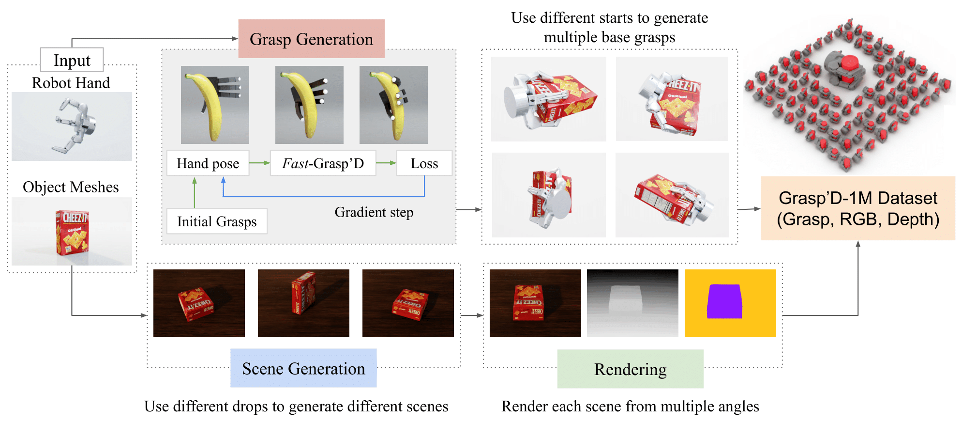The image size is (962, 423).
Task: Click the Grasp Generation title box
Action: (x=311, y=39)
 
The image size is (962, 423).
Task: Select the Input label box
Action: (x=72, y=60)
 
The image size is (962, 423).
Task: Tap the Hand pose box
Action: (x=208, y=163)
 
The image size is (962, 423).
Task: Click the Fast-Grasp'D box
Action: (x=323, y=163)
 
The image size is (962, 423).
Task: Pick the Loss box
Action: (x=424, y=163)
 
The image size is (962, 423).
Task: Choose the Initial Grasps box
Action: (x=217, y=221)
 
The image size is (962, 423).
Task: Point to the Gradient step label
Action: (x=374, y=212)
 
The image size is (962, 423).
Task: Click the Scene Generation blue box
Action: (x=303, y=368)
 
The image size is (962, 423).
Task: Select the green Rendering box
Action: (x=630, y=369)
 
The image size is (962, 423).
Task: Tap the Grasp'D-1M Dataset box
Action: (x=857, y=208)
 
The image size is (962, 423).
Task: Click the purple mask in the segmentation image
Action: (x=724, y=301)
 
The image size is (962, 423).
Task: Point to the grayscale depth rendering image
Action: (x=632, y=303)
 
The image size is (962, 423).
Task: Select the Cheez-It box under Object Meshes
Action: (x=72, y=232)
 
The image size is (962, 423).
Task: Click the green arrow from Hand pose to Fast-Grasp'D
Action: (x=259, y=163)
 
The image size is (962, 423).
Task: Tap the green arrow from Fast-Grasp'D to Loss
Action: (x=386, y=163)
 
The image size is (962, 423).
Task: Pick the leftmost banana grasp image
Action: (x=215, y=105)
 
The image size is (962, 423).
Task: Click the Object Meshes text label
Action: (x=71, y=187)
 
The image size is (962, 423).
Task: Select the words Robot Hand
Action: (x=71, y=83)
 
